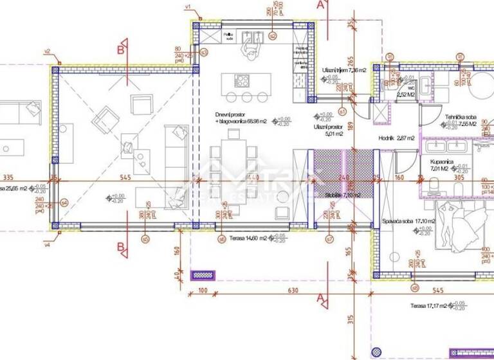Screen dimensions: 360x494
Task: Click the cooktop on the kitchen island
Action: point(243,81)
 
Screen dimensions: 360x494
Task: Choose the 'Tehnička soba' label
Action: point(461,117)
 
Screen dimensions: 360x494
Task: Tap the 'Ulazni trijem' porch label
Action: point(343,71)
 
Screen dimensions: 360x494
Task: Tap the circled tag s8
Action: point(415,287)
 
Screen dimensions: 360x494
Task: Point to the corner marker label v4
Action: point(47,245)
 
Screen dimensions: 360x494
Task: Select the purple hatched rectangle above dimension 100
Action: point(203,275)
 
